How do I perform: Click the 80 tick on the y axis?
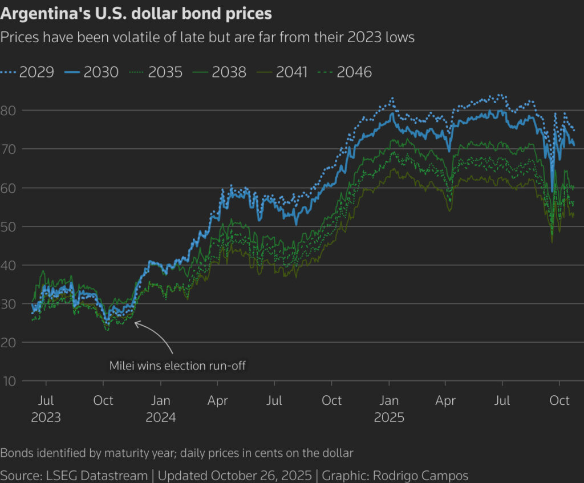[x=10, y=110]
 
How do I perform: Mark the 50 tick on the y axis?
[x=10, y=226]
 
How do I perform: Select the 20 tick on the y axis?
[x=10, y=342]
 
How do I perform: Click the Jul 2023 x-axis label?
[x=46, y=409]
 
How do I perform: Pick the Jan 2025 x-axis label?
[x=389, y=409]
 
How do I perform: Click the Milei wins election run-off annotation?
[x=177, y=366]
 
